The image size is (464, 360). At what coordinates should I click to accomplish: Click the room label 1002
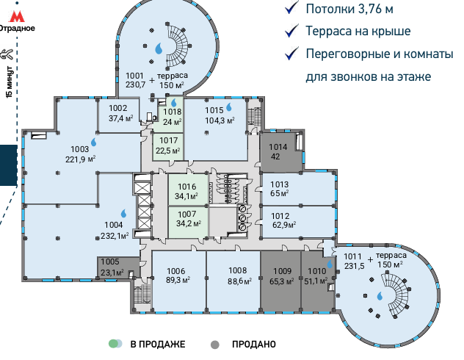pyautogui.click(x=118, y=108)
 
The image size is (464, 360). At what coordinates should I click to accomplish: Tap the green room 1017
pyautogui.click(x=168, y=146)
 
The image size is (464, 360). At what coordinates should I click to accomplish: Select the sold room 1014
pyautogui.click(x=278, y=151)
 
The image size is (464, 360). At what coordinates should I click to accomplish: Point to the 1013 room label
pyautogui.click(x=280, y=184)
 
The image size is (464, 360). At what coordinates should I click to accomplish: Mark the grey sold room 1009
pyautogui.click(x=282, y=275)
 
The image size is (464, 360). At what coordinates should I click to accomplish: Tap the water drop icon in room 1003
pyautogui.click(x=93, y=141)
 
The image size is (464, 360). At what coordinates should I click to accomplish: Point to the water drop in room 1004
pyautogui.click(x=123, y=213)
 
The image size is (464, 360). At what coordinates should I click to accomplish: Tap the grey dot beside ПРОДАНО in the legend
pyautogui.click(x=214, y=344)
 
